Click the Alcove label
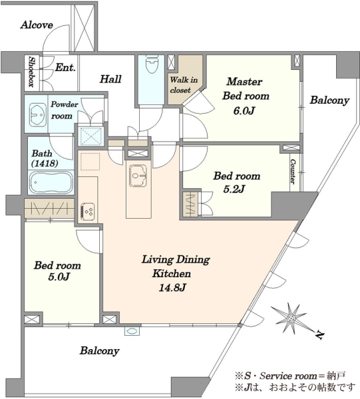[x=37, y=25]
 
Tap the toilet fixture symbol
[x=151, y=64]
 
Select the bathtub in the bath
[x=51, y=182]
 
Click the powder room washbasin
[x=37, y=114]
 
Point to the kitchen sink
[x=138, y=175]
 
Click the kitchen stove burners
[x=88, y=211]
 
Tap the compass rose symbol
[x=289, y=318]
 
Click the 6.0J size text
[x=244, y=111]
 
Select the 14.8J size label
[x=172, y=288]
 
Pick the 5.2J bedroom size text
[x=234, y=189]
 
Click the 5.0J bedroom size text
[x=59, y=277]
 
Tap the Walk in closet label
[x=183, y=84]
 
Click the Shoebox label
[x=31, y=72]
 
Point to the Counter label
[x=293, y=172]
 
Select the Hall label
[x=110, y=79]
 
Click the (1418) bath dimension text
[x=45, y=164]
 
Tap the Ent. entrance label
[x=65, y=67]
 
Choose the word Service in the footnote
[x=275, y=375]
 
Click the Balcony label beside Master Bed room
[x=329, y=100]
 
